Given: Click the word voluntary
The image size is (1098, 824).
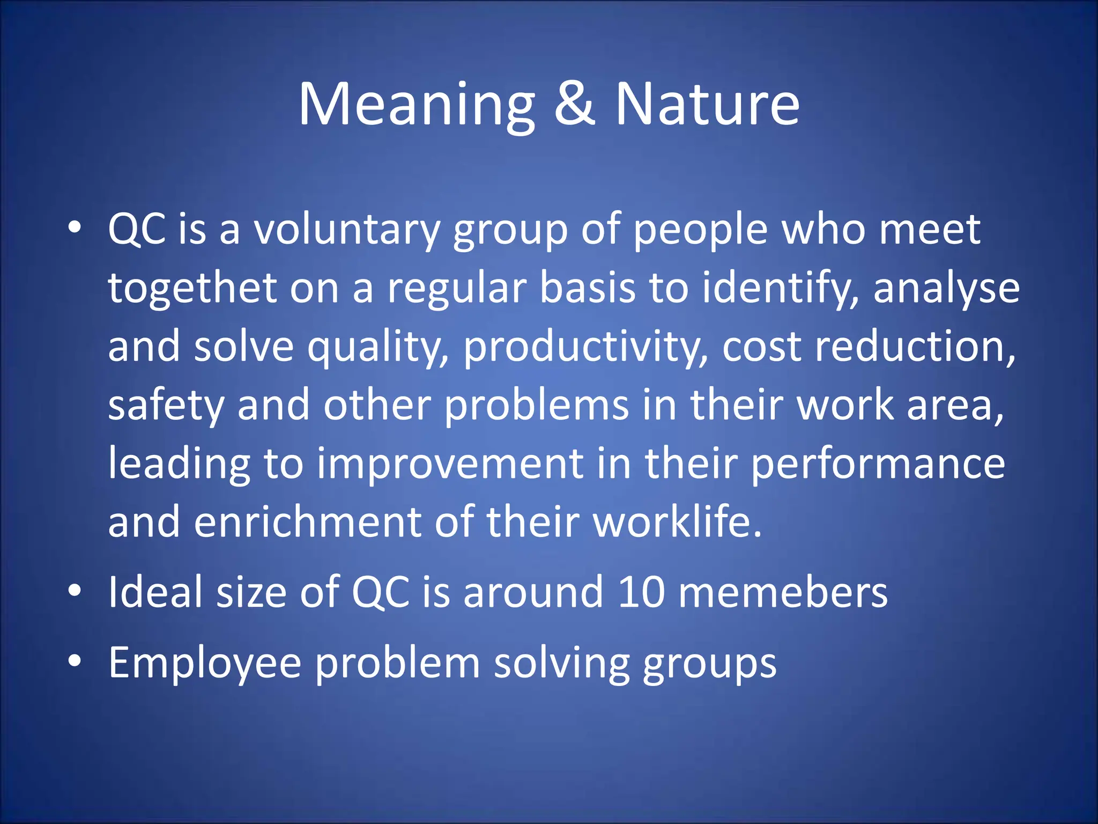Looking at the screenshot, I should tap(346, 230).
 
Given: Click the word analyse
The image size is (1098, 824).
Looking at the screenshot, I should tap(946, 289).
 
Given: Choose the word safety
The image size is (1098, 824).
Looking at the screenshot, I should tap(166, 406).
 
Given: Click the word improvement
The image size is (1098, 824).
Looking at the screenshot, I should tap(450, 464).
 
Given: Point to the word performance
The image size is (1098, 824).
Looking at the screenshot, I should tap(878, 465).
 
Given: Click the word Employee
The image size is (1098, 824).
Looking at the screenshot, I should tap(205, 664).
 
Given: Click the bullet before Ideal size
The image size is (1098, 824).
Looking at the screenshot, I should tap(75, 591).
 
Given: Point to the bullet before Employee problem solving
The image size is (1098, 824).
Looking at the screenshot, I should tap(75, 661).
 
